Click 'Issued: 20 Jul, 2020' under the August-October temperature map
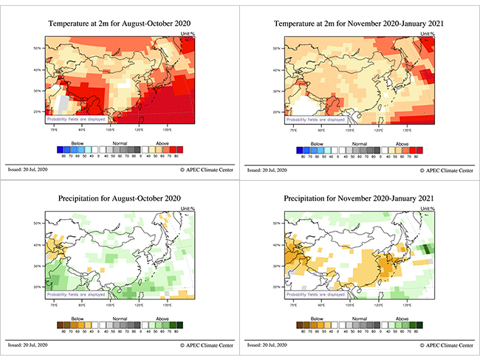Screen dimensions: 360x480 coord(27,170)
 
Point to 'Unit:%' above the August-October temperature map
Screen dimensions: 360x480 coord(188,35)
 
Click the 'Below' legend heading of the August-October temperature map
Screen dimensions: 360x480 coord(77,144)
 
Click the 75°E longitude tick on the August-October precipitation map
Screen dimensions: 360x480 coord(54,303)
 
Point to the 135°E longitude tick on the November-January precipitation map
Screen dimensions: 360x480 coord(407,303)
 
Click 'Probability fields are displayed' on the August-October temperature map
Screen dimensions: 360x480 coord(77,119)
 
